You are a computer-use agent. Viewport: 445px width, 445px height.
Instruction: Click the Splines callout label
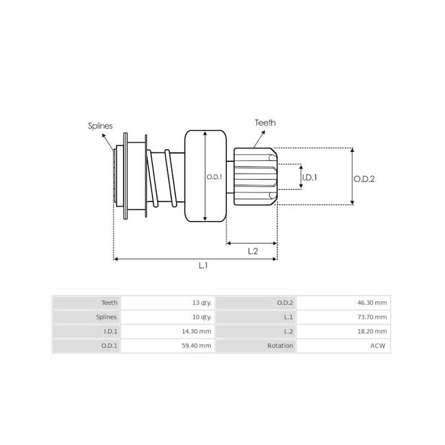100,126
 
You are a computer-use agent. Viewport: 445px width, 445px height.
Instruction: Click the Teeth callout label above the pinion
265,122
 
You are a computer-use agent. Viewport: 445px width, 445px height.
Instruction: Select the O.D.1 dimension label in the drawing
214,177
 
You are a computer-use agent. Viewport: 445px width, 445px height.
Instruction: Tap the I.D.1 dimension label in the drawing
309,177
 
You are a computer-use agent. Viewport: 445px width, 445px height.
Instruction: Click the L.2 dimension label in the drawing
252,251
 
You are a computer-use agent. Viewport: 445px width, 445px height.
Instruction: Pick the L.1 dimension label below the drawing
204,266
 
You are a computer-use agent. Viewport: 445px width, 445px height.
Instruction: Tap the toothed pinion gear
255,176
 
